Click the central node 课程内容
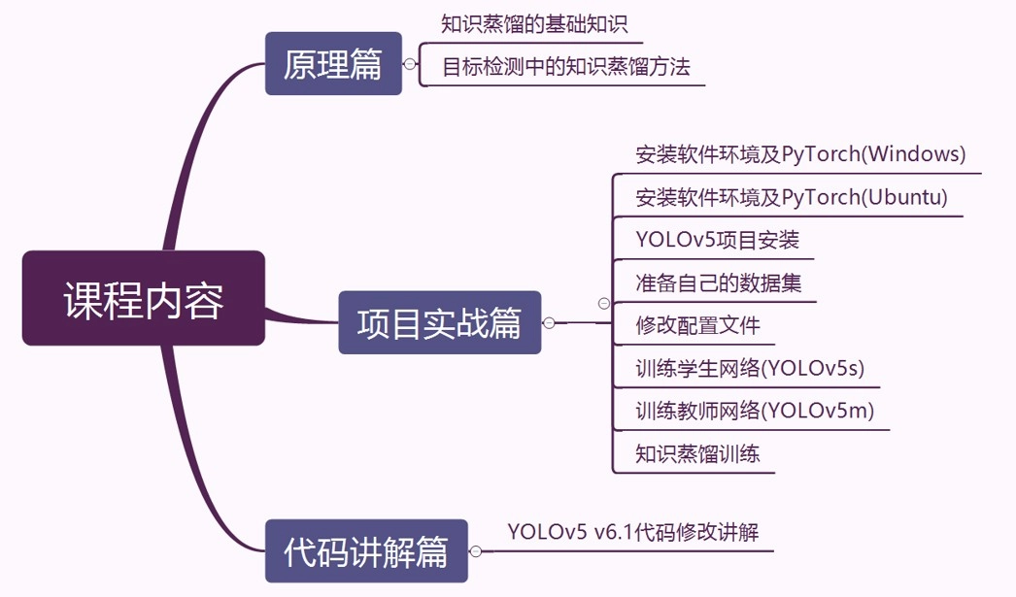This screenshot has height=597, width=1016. tap(144, 299)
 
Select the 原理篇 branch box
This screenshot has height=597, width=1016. tap(333, 64)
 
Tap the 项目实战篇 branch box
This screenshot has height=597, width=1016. tap(439, 322)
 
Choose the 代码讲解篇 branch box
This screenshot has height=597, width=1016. tap(366, 551)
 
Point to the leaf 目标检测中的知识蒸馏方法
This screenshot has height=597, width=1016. tap(566, 67)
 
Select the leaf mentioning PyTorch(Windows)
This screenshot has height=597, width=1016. tap(800, 154)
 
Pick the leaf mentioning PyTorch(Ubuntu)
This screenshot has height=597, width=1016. tap(791, 198)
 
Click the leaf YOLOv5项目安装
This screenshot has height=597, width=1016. tap(717, 240)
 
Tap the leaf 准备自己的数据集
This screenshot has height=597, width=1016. tap(718, 283)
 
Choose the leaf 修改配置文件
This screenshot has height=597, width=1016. tap(697, 325)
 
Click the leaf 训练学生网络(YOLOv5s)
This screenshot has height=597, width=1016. tap(749, 368)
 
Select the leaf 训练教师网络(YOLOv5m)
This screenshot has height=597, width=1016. tap(755, 411)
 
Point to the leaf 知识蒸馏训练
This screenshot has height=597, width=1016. tap(697, 453)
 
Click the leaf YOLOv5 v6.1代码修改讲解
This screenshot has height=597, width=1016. tap(632, 532)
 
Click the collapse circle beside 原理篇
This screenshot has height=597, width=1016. tap(410, 64)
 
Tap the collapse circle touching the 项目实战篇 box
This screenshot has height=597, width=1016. tap(549, 322)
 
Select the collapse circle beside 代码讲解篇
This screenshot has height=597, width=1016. tap(476, 551)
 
